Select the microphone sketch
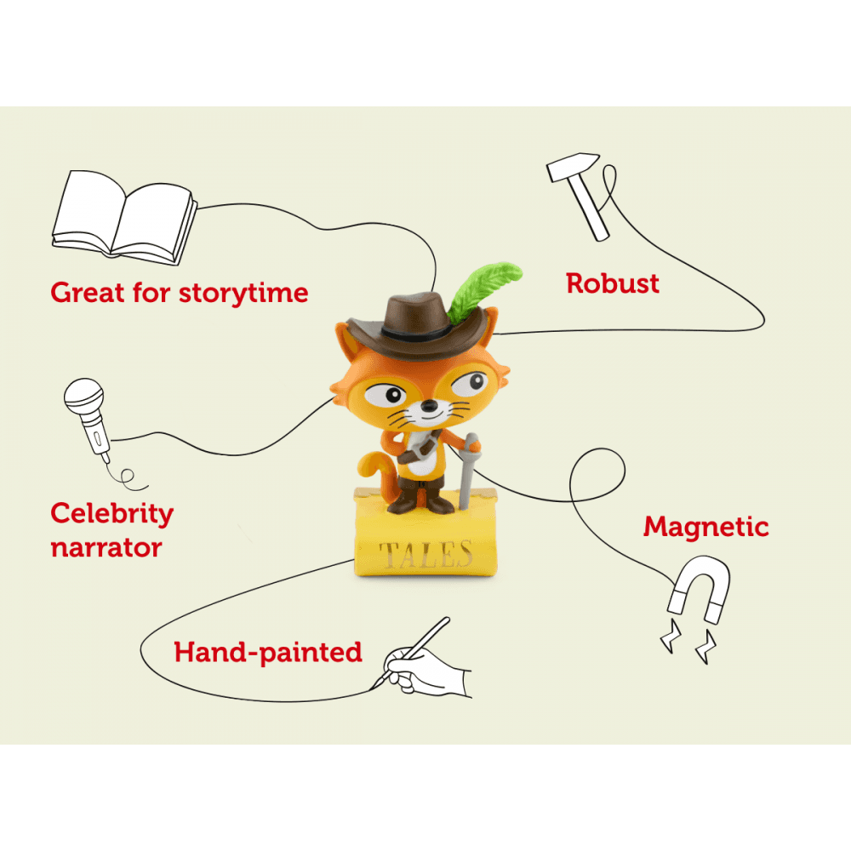89,416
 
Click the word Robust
613,283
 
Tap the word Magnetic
705,527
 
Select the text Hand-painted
268,654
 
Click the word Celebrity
111,514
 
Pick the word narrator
106,547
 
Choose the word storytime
243,293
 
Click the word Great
89,293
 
